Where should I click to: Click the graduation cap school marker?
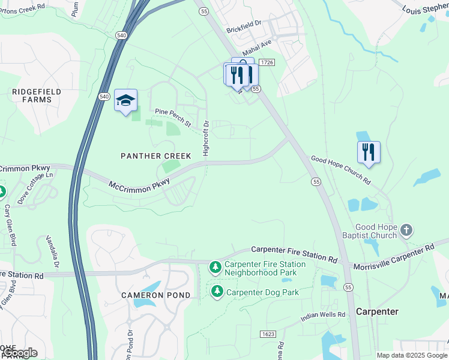(126, 101)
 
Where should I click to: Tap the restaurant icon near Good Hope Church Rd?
(369, 152)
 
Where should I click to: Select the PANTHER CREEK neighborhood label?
(156, 156)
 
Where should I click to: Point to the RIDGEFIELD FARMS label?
(37, 95)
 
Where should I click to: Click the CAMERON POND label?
(156, 295)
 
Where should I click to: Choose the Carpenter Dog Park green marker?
(215, 292)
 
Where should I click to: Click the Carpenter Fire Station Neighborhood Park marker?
(215, 267)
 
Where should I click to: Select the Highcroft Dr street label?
(206, 139)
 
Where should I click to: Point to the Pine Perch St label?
(172, 118)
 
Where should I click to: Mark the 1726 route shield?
(267, 62)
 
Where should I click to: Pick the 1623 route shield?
(268, 334)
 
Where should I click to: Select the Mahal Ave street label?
(257, 47)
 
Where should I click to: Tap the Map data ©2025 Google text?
(411, 355)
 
